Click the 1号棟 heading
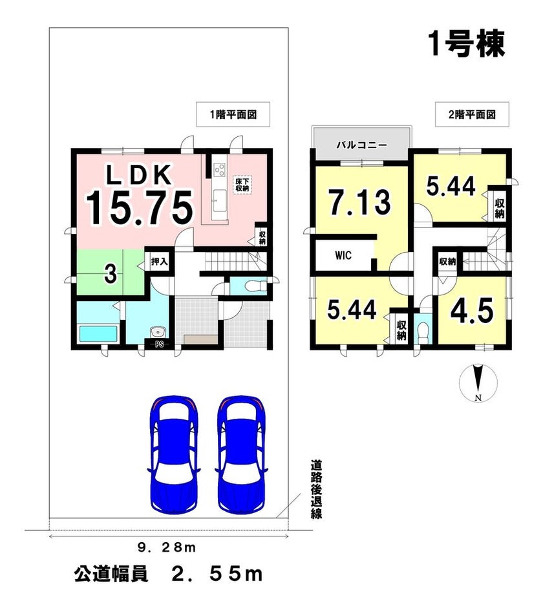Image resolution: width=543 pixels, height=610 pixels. pos(466,43)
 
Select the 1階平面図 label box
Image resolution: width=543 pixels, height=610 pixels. pos(233,114)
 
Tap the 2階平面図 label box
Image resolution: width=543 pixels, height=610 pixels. pos(472,114)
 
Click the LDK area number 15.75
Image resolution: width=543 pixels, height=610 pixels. pos(140,208)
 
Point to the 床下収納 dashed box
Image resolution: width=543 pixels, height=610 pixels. pos(242,184)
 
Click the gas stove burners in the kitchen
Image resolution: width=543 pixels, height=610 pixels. pos(219,169)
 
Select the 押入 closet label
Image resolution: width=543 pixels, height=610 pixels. pos(159,262)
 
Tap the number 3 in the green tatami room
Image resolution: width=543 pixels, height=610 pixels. pos(111,273)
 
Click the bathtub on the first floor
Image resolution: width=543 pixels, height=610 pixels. pos(98,333)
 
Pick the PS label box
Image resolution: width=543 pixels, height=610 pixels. pos(159,344)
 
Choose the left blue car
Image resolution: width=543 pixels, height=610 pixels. pos(175,454)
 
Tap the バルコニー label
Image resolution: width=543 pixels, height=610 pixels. pos(361,145)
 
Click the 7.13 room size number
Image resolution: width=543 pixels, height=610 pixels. pos(359,202)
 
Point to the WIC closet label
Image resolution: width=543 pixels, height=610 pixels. pos(343,256)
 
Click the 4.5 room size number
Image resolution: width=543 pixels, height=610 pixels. pos(472,310)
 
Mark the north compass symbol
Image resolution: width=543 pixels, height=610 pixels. pos(478,383)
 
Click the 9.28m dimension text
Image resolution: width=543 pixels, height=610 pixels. pos(167,548)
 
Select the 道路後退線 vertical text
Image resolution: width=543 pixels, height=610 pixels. pos(316,489)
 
